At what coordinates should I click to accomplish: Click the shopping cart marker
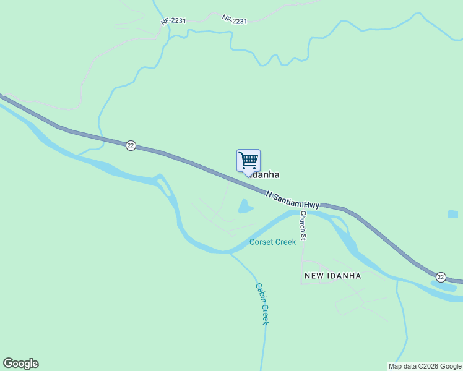pos(248,161)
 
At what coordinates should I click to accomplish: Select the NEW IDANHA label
pos(332,276)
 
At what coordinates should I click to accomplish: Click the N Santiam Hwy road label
pos(292,200)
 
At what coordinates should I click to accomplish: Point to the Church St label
pos(303,225)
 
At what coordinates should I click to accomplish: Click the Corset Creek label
pos(272,242)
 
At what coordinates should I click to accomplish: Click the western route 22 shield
pos(131,145)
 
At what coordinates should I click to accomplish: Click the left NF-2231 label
pos(173,21)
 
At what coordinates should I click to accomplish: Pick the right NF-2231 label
pos(235,20)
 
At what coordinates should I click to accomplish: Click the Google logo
pos(20,364)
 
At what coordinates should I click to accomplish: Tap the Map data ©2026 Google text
pos(425,366)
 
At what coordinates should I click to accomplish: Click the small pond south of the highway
pos(246,207)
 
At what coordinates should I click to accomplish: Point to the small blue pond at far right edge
pos(452,215)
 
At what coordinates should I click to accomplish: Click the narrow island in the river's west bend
pos(165,185)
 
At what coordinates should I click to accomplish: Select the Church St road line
pos(301,254)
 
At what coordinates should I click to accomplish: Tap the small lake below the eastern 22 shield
pos(443,286)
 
